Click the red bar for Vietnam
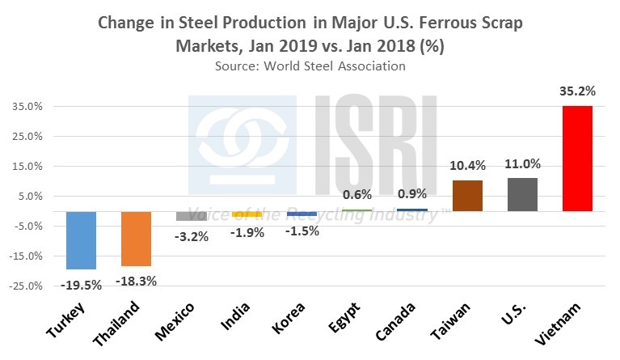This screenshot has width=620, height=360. (577, 159)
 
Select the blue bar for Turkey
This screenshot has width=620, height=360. (81, 240)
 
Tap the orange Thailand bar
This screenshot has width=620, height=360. (136, 239)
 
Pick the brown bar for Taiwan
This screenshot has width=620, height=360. (466, 196)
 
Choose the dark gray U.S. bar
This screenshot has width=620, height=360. (521, 194)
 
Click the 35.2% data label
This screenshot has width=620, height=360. (577, 92)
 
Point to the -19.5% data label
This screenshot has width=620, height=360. (81, 284)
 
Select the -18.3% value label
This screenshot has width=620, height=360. (136, 281)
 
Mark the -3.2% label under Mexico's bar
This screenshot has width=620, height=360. (192, 236)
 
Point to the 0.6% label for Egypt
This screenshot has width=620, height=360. (356, 195)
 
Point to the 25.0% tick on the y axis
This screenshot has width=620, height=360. (30, 137)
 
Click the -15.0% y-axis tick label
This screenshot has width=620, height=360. (28, 256)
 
